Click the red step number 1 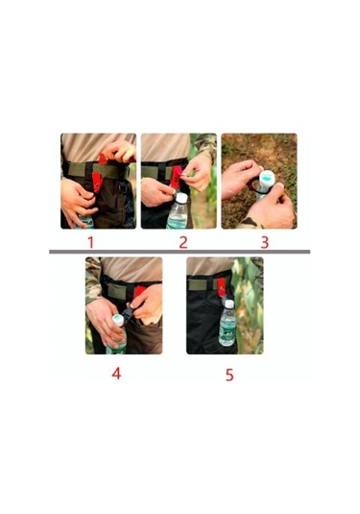91,242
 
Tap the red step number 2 183,242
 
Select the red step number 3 265,242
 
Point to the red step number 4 116,373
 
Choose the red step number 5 229,375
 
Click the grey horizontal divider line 180,252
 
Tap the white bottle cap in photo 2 181,198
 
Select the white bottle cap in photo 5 229,304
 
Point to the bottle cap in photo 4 119,319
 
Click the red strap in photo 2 177,177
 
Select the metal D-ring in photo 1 123,188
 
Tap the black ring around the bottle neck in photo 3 252,185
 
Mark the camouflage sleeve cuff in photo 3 249,223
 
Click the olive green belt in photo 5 204,284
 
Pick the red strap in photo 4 139,291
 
